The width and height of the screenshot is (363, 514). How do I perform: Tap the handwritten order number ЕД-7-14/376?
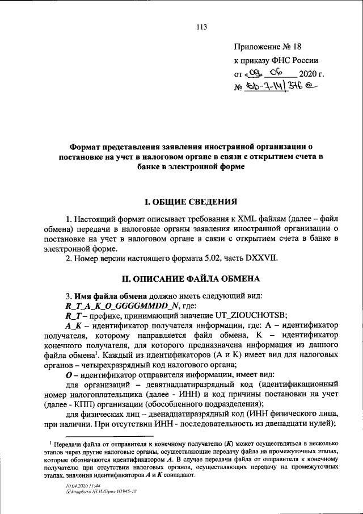click(278, 87)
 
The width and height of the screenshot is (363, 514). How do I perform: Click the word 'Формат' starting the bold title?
click(88, 147)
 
